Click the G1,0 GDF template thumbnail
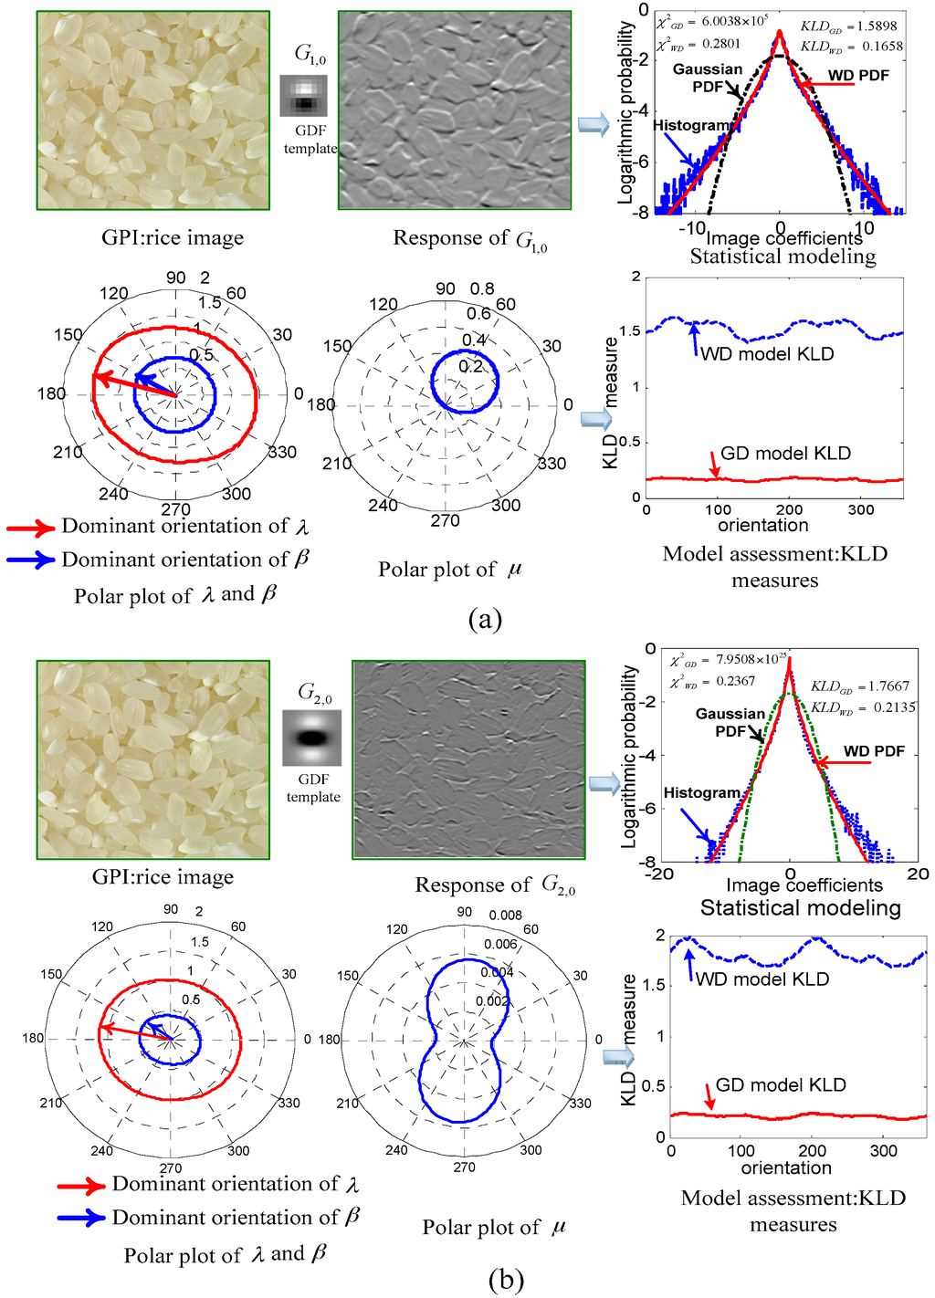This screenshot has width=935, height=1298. (x=303, y=96)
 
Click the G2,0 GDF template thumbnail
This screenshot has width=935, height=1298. (x=311, y=738)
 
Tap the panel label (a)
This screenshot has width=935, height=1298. (x=485, y=620)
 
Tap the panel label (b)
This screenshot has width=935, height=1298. (x=506, y=1280)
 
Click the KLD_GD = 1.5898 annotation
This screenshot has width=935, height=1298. (x=848, y=26)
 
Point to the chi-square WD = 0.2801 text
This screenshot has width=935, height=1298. (x=699, y=44)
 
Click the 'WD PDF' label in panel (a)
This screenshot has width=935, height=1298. (x=858, y=76)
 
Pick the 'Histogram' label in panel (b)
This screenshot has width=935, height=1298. (x=701, y=792)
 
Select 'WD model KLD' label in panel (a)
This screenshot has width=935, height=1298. (x=767, y=354)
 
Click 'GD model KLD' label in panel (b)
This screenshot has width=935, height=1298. (x=781, y=1084)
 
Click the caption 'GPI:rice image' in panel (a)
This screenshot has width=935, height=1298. (x=173, y=238)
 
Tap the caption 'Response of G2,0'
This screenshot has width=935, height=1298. (x=495, y=885)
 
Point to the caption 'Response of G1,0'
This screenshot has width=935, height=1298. (x=469, y=239)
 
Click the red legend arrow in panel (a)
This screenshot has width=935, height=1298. (x=31, y=528)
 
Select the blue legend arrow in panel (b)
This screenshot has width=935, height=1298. (x=81, y=1218)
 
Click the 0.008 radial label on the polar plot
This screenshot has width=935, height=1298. (x=505, y=915)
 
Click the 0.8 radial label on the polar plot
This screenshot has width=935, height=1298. (x=482, y=289)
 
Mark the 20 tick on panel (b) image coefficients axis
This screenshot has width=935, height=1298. (x=918, y=874)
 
